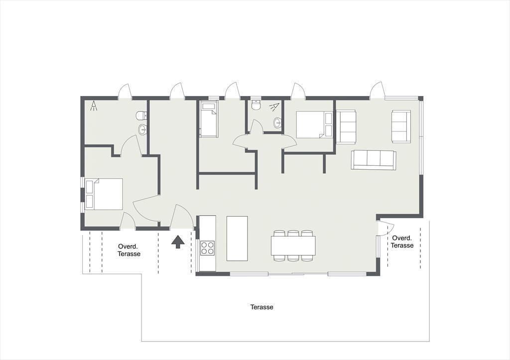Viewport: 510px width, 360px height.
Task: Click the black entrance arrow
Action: (178, 242)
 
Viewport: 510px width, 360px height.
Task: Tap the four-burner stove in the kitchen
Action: (207, 248)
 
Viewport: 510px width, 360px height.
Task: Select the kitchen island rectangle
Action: (237, 239)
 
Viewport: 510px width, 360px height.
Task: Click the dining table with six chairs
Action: (293, 245)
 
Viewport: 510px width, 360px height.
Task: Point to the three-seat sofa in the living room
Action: (374, 160)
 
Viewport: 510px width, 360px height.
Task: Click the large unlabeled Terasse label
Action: (262, 307)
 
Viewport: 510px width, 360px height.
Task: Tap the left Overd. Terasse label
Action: (129, 250)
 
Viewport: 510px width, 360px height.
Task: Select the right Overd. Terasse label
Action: (402, 241)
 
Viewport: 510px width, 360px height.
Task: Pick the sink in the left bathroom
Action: (143, 129)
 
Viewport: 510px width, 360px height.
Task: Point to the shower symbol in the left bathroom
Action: (94, 106)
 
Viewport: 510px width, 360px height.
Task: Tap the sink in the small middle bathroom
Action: (277, 123)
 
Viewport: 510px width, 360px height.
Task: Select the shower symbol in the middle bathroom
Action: (274, 107)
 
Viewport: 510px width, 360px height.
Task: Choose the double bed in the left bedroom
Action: (104, 194)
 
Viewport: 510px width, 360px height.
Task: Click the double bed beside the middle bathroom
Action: (314, 125)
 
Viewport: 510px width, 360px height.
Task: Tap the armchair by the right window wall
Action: (401, 126)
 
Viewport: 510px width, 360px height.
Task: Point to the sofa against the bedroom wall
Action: (346, 126)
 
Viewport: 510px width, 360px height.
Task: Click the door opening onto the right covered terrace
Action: (386, 228)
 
